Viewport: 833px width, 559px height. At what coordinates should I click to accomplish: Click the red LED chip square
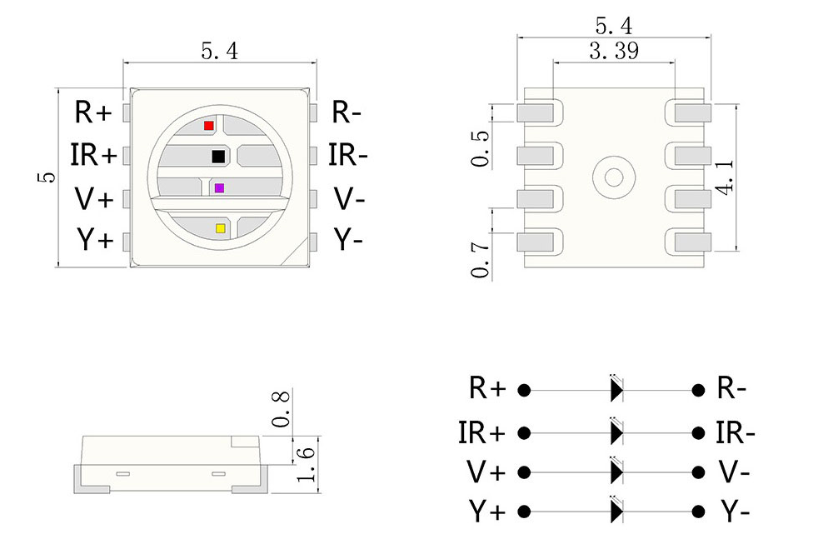[x=208, y=126]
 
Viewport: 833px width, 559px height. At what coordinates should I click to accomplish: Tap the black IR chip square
[x=218, y=156]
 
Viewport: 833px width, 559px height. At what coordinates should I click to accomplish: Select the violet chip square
[x=219, y=188]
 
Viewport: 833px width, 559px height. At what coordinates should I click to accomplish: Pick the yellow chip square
[x=220, y=227]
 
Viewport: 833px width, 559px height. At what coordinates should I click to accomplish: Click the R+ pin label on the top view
[x=92, y=112]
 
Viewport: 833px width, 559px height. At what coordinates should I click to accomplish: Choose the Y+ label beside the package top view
[x=94, y=240]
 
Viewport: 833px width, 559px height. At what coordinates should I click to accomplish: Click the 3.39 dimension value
[x=614, y=52]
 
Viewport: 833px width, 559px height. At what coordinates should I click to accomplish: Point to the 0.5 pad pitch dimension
[x=481, y=148]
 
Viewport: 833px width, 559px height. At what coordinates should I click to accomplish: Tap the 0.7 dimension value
[x=481, y=259]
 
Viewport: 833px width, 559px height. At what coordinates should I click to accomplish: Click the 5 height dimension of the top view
[x=47, y=177]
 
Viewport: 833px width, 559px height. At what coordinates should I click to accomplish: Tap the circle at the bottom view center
[x=614, y=177]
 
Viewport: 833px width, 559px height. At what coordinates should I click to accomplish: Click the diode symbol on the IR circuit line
[x=616, y=433]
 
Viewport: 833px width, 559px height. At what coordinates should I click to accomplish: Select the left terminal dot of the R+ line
[x=524, y=389]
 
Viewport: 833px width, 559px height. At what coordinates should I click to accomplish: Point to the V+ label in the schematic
[x=486, y=472]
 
